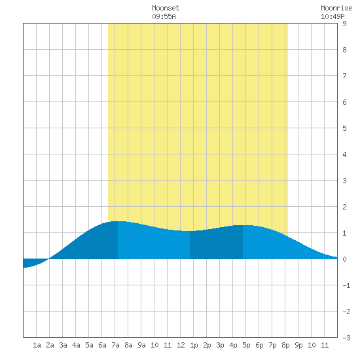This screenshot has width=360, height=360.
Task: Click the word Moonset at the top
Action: pyautogui.click(x=166, y=8)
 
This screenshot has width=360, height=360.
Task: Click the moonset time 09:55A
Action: pyautogui.click(x=164, y=16)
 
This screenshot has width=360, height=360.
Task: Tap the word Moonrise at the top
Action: pyautogui.click(x=336, y=8)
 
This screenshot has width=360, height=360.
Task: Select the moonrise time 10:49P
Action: pyautogui.click(x=333, y=16)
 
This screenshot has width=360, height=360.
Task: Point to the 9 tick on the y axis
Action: pyautogui.click(x=344, y=24)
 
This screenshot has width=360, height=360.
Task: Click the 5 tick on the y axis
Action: pyautogui.click(x=344, y=128)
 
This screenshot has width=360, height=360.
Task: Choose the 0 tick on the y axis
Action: pyautogui.click(x=344, y=259)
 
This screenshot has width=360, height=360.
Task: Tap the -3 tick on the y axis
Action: pyautogui.click(x=346, y=338)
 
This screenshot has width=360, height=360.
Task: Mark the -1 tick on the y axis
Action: pyautogui.click(x=346, y=285)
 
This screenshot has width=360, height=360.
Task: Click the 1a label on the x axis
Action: pyautogui.click(x=37, y=345)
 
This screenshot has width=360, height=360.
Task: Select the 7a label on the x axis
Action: pyautogui.click(x=115, y=345)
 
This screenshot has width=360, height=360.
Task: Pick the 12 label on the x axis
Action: pyautogui.click(x=181, y=345)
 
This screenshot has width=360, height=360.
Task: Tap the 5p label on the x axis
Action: pyautogui.click(x=246, y=345)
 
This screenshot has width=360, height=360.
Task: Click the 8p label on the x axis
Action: pyautogui.click(x=285, y=345)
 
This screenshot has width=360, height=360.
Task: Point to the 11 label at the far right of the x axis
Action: pyautogui.click(x=325, y=345)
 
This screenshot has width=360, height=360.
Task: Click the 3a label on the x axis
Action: pyautogui.click(x=63, y=345)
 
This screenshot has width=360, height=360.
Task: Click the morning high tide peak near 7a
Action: pyautogui.click(x=118, y=221)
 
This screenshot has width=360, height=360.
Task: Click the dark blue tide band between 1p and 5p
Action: pyautogui.click(x=216, y=243)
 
